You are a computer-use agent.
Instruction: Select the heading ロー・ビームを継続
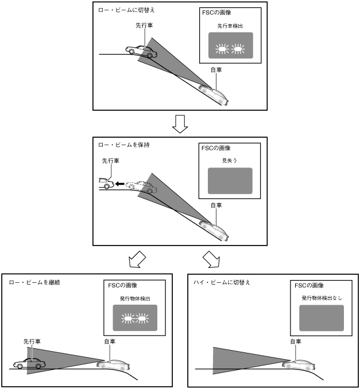coord(35,282)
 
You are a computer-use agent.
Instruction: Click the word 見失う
coord(230,161)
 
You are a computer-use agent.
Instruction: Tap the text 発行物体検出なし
coord(322,298)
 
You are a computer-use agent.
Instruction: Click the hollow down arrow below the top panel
coord(180,123)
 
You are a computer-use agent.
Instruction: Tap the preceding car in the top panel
coord(142,51)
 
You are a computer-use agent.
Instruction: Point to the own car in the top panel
coord(214,94)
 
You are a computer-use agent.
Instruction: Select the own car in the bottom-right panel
coord(301,364)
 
